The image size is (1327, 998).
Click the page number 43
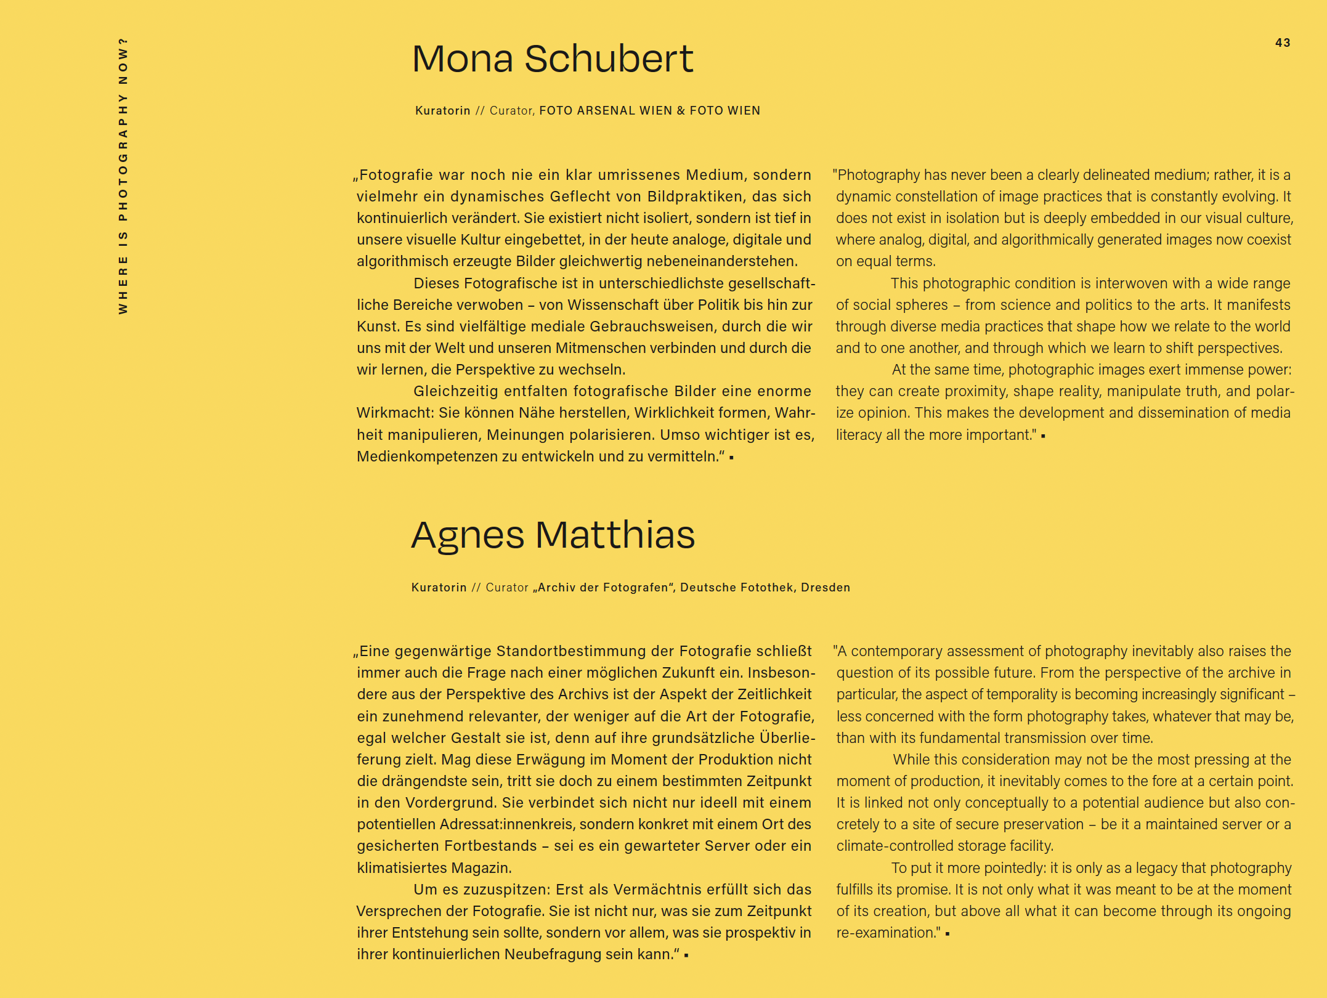[x=1283, y=43]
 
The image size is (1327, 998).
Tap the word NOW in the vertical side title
[x=123, y=61]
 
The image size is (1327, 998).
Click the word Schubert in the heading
[x=609, y=59]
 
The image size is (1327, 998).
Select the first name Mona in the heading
[x=463, y=59]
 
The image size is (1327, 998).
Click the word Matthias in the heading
[x=615, y=535]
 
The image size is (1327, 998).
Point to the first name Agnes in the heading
[x=468, y=536]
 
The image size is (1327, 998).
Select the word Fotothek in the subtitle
[x=764, y=588]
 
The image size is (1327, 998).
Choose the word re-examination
[x=886, y=933]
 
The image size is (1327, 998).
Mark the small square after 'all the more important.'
[x=1043, y=436]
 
